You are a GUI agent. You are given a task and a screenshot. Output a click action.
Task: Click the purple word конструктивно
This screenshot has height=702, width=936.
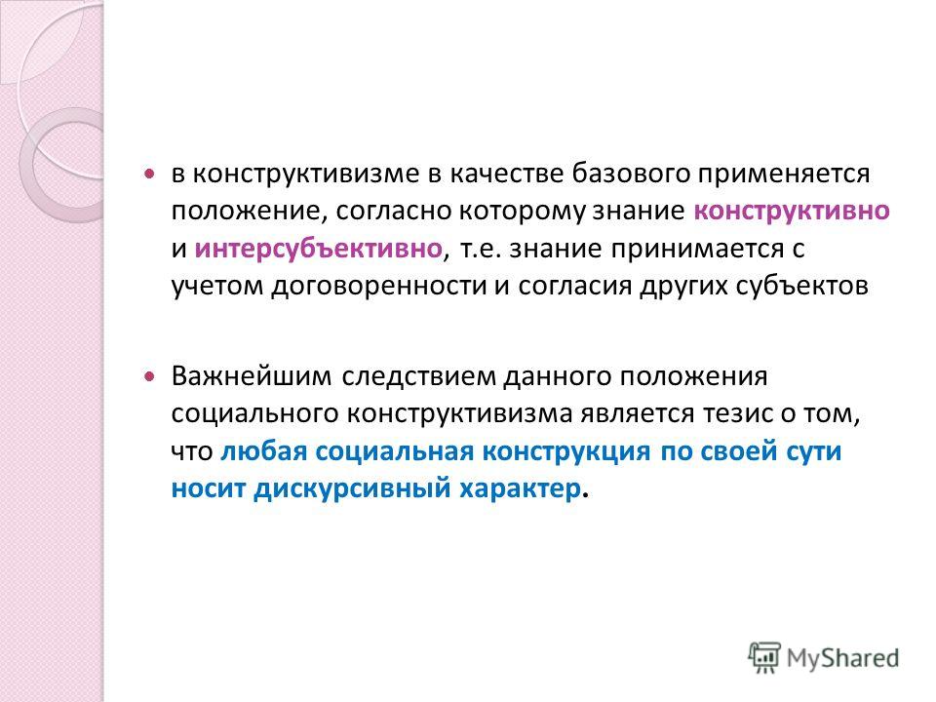pos(792,212)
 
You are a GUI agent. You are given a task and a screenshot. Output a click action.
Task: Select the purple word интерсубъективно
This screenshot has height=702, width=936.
pos(318,249)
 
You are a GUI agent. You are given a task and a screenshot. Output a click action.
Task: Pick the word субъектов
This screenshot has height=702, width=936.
pos(801,286)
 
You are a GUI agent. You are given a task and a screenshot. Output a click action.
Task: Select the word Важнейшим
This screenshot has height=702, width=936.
pos(252,376)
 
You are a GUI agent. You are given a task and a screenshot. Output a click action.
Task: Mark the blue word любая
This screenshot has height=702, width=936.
pos(263,451)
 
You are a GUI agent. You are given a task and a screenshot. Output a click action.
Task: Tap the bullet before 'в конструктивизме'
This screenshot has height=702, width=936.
pos(149,175)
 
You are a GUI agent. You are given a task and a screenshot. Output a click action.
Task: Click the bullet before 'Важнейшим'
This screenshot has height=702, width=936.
pos(149,376)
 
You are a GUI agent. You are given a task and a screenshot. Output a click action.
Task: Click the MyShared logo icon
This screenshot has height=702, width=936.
pos(764,657)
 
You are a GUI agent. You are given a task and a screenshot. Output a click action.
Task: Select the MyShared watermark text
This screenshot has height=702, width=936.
pos(842,658)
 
